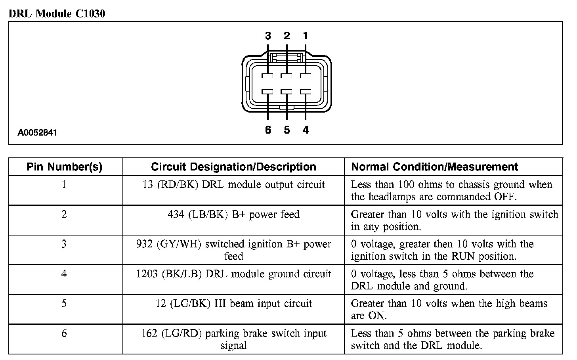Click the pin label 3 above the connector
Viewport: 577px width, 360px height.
[268, 36]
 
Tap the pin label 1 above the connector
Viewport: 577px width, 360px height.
[306, 36]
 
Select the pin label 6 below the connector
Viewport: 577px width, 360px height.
[268, 130]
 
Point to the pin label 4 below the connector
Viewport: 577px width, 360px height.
[306, 130]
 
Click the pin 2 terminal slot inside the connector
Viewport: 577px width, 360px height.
[287, 75]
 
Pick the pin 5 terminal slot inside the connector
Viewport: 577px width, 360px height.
[287, 92]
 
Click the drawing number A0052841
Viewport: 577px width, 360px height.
[37, 133]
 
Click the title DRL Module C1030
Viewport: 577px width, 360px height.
[57, 14]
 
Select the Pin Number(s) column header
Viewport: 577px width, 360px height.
[65, 167]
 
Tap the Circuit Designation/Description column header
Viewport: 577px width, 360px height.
[233, 167]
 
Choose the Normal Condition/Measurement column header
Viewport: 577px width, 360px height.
[435, 167]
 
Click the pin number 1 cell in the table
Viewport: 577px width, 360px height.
[64, 184]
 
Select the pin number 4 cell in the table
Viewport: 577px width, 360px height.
[64, 274]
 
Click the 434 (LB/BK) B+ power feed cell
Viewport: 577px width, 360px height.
[233, 214]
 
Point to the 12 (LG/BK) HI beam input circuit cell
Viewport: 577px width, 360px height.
[233, 304]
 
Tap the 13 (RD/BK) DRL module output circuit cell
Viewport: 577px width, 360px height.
[233, 185]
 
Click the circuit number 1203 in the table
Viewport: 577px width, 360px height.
[147, 274]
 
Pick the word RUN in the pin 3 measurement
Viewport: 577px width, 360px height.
[463, 256]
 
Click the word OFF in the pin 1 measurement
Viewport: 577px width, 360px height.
[505, 197]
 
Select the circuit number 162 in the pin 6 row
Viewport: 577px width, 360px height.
[149, 333]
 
